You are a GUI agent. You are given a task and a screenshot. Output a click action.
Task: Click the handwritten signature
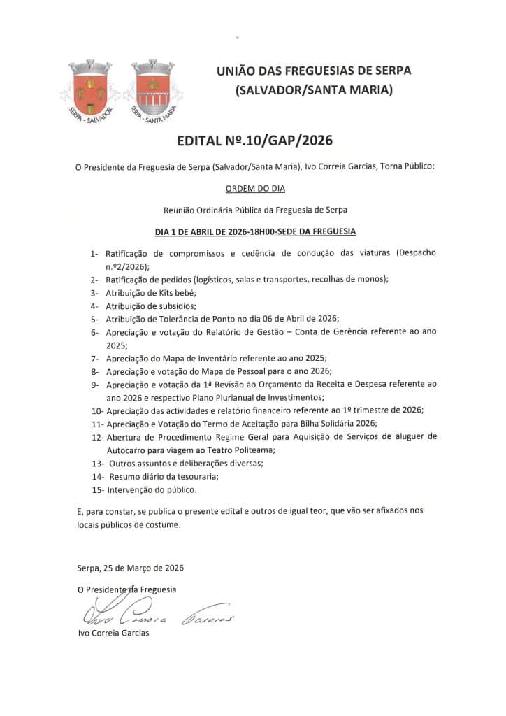(x=157, y=615)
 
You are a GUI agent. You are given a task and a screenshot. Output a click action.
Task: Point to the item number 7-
(x=94, y=358)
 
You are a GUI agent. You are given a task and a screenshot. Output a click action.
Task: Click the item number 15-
(x=97, y=489)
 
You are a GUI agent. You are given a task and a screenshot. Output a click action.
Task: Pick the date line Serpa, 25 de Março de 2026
(x=131, y=567)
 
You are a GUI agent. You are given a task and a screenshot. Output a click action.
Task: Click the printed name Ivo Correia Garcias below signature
(x=113, y=633)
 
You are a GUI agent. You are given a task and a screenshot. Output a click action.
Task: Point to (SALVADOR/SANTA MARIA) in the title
(x=314, y=89)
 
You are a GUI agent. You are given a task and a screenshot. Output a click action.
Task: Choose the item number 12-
(x=97, y=436)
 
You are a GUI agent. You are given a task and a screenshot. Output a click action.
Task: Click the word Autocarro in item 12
(x=126, y=450)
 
